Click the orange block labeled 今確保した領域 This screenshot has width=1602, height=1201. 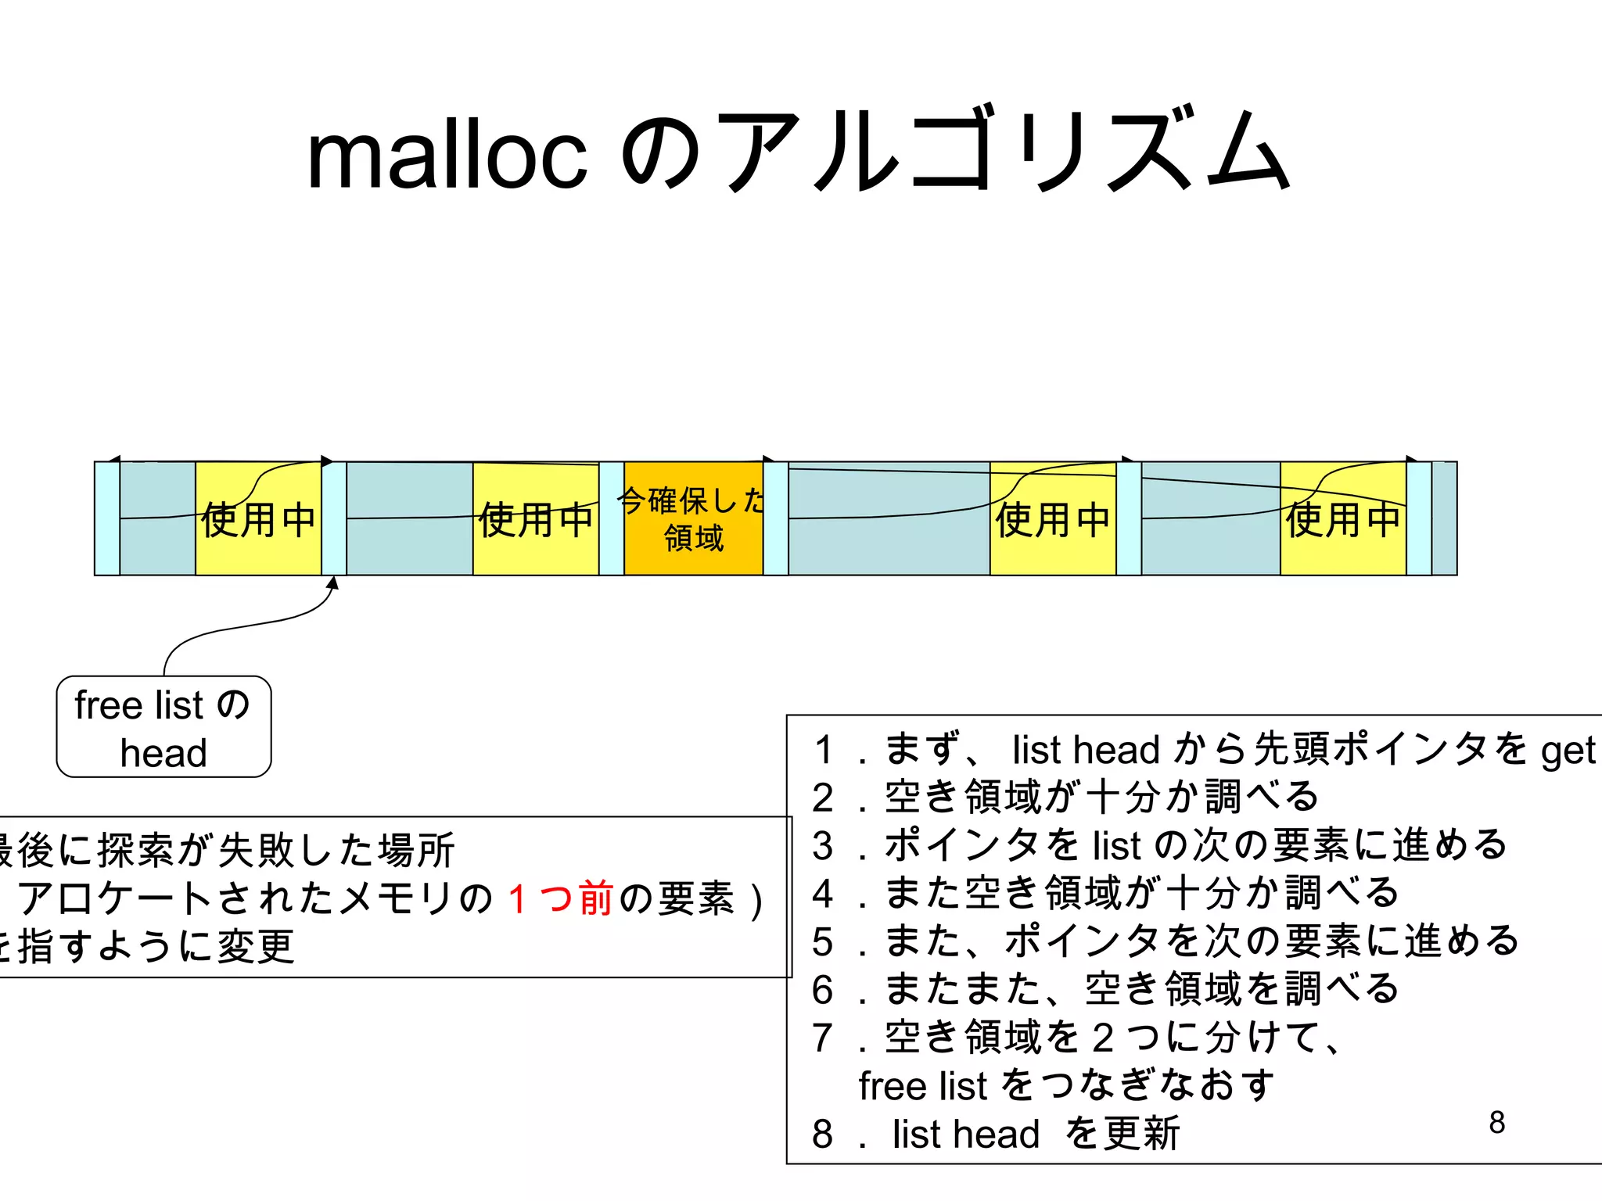[x=693, y=518]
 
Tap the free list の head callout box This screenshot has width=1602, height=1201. [x=163, y=727]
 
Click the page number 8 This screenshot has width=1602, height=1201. [x=1496, y=1122]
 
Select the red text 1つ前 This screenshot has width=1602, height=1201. [x=560, y=898]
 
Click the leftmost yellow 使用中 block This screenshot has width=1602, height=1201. [x=258, y=518]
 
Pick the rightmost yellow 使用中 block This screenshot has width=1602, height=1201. [x=1342, y=518]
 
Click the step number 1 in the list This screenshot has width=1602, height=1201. [x=822, y=750]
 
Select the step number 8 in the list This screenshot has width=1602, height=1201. [x=822, y=1134]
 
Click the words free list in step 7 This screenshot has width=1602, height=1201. [x=923, y=1086]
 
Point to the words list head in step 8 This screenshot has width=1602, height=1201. [x=965, y=1134]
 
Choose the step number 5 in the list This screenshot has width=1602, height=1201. [x=822, y=941]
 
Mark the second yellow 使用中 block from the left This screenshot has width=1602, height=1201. [x=536, y=518]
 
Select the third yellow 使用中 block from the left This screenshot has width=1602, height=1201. [x=1053, y=518]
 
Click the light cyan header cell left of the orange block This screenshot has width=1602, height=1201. [x=612, y=518]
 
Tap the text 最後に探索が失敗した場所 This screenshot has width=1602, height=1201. [x=227, y=851]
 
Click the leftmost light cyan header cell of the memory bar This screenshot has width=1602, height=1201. [x=107, y=518]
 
